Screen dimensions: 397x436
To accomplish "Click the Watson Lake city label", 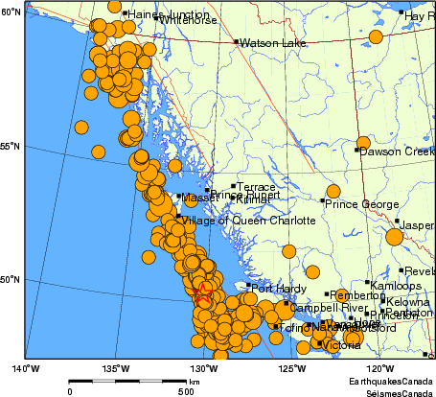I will pyautogui.click(x=265, y=43).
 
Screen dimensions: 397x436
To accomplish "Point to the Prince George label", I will pyautogui.click(x=360, y=203).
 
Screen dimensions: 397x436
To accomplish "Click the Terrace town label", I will pyautogui.click(x=256, y=187).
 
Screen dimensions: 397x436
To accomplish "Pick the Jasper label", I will pyautogui.click(x=418, y=225).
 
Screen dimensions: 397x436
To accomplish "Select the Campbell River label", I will pyautogui.click(x=328, y=309).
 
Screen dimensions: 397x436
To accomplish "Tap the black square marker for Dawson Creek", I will pyautogui.click(x=357, y=151).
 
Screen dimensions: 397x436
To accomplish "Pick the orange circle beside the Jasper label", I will pyautogui.click(x=394, y=237).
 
